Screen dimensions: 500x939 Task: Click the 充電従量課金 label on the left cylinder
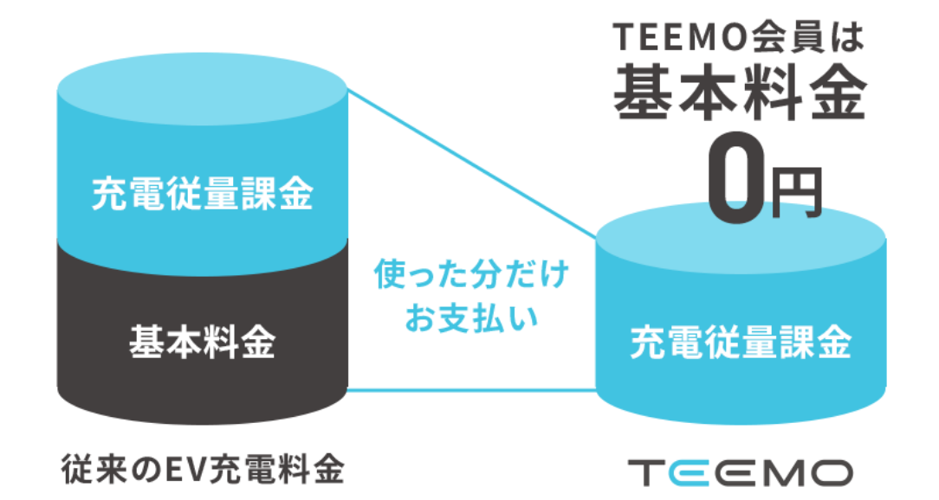tap(202, 196)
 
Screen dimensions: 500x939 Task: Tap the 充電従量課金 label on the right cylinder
tap(741, 343)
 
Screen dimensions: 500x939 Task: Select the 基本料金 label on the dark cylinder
tap(202, 343)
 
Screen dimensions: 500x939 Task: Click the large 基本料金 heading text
tap(741, 92)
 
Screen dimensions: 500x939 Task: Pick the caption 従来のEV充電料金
tap(203, 469)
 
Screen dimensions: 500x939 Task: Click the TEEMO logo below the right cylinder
tap(740, 472)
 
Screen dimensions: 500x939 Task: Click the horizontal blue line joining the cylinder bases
tap(471, 390)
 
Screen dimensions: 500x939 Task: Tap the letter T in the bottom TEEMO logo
tap(645, 472)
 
